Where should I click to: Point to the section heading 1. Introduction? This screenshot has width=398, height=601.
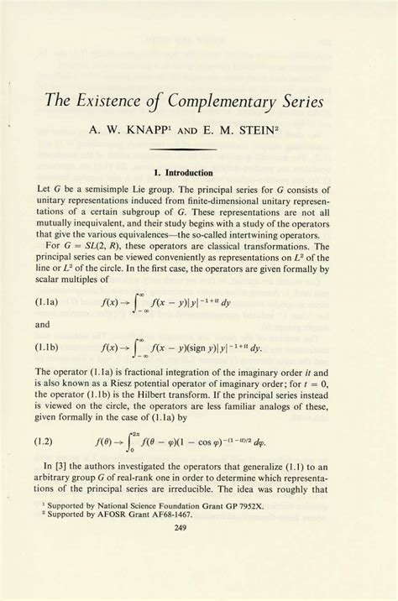tap(199, 174)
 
